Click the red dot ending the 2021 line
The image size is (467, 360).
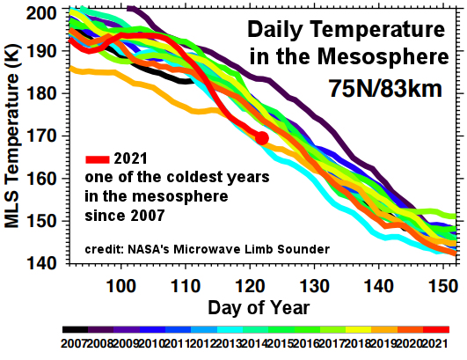click(x=262, y=137)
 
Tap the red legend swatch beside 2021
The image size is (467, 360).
click(x=98, y=159)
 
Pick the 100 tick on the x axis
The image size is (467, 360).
click(x=120, y=286)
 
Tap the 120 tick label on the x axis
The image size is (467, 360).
click(x=250, y=286)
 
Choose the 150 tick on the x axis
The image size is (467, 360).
click(x=443, y=286)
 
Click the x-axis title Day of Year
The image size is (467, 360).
click(x=259, y=308)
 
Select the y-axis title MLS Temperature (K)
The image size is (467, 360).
click(x=12, y=136)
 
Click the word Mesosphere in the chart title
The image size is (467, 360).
click(x=383, y=56)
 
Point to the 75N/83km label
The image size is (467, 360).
click(x=385, y=89)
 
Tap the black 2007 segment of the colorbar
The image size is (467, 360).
click(x=76, y=329)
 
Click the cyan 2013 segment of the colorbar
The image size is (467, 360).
click(x=230, y=329)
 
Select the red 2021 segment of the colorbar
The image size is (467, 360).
click(x=436, y=329)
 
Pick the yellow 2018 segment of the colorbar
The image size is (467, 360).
click(x=359, y=329)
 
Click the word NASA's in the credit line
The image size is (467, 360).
click(x=150, y=249)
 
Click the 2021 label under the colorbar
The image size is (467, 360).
click(x=434, y=343)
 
